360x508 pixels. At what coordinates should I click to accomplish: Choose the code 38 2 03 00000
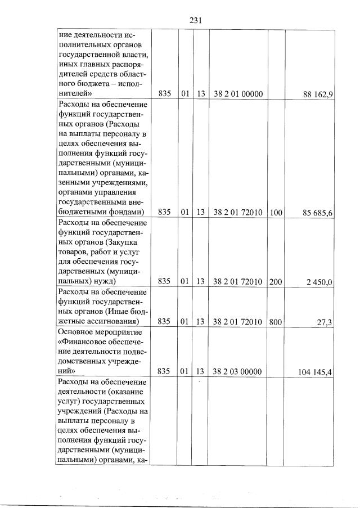[238, 372]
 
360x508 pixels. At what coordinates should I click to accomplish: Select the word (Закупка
[124, 242]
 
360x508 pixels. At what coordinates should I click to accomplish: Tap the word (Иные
[117, 312]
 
